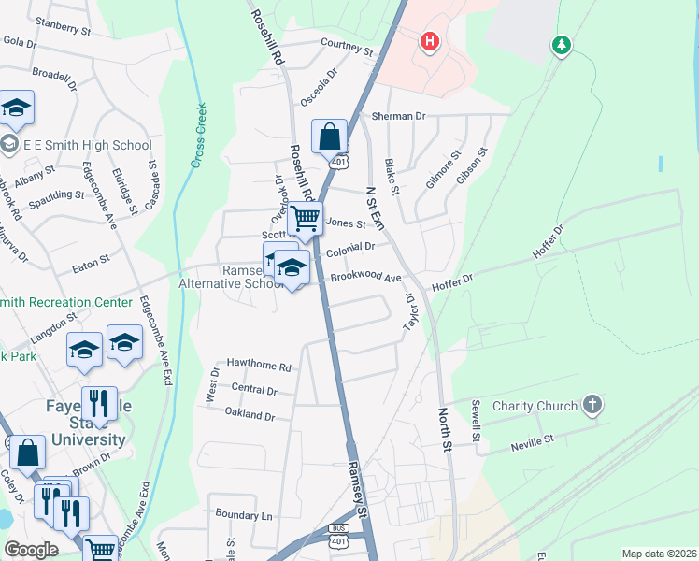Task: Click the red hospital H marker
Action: pos(430,42)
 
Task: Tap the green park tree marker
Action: pos(561,44)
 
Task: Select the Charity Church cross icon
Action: pos(591,405)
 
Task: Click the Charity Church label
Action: pos(532,407)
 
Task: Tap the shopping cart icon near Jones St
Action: pos(305,219)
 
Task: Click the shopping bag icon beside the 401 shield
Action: pos(329,137)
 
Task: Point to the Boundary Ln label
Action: pos(243,515)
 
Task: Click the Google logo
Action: pos(32,550)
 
